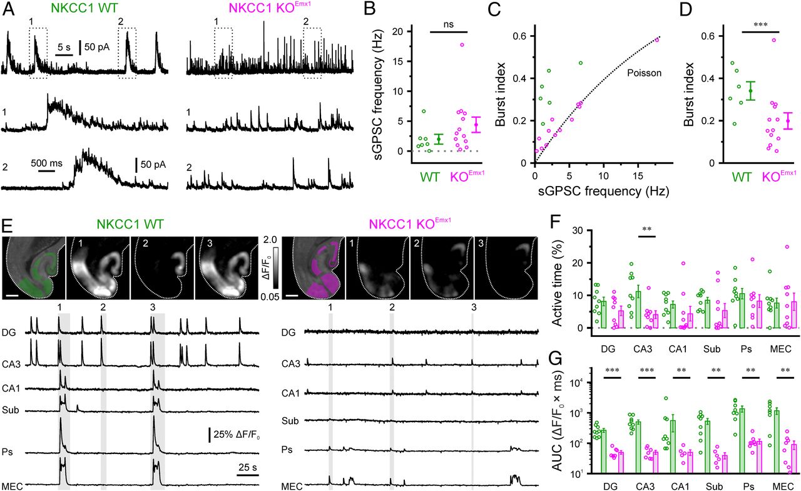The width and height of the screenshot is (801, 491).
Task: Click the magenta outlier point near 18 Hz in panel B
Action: [462, 45]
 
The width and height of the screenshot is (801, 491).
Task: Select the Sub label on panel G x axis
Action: [704, 485]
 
